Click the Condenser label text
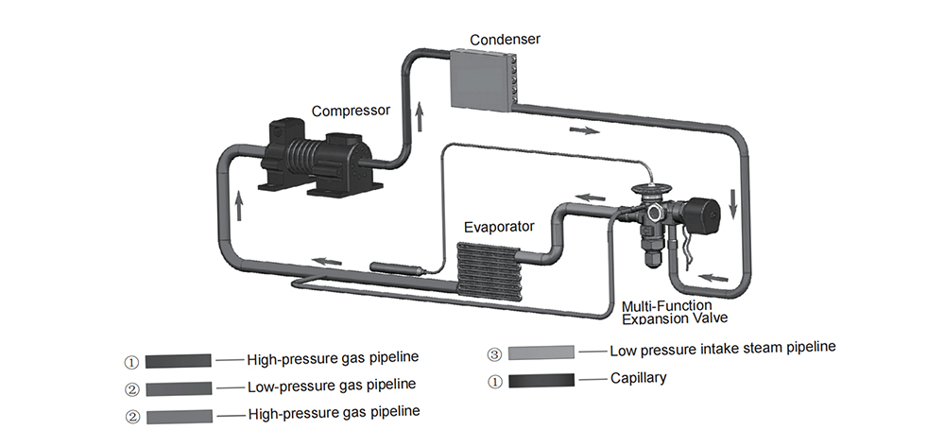point(505,40)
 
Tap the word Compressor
point(351,112)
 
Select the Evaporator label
point(499,227)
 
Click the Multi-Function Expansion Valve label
point(675,312)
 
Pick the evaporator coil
point(488,270)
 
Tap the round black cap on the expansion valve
point(702,215)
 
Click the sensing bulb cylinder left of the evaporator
point(396,267)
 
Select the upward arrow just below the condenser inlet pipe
point(420,117)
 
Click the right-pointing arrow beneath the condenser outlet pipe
point(584,130)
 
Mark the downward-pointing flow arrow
point(733,203)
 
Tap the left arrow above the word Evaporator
point(590,197)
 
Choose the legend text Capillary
point(638,378)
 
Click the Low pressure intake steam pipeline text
point(723,349)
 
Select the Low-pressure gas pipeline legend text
point(332,386)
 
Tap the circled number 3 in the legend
point(494,354)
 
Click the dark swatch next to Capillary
point(541,381)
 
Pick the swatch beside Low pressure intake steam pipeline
point(541,352)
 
